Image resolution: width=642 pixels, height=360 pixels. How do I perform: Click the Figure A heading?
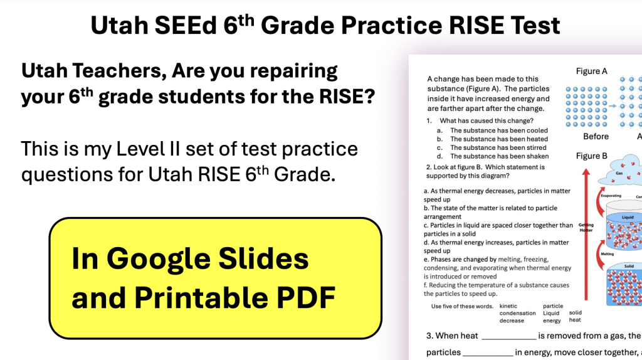(x=591, y=71)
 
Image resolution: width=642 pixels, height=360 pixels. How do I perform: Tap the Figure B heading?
(x=591, y=156)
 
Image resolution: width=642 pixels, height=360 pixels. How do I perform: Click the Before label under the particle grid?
(x=596, y=136)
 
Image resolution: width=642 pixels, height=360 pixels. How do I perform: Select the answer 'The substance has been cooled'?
(x=498, y=130)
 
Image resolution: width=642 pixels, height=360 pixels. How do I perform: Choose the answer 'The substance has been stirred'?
(x=499, y=147)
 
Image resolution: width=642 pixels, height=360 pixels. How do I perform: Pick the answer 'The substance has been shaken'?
(x=499, y=156)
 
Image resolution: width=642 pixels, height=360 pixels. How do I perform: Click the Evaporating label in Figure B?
(x=611, y=196)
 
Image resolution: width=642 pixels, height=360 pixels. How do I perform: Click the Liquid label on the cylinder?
(x=628, y=218)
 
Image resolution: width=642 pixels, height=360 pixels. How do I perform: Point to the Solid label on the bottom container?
(x=629, y=267)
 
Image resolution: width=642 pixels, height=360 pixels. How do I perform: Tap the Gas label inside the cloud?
(x=618, y=172)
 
